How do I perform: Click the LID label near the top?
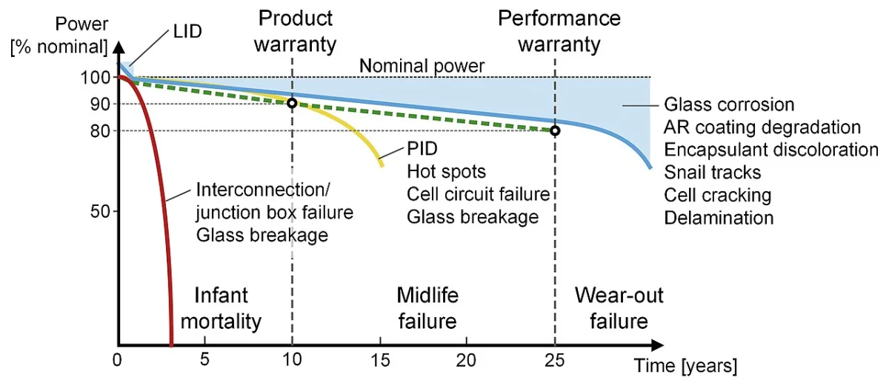click(x=187, y=31)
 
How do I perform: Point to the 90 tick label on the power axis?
click(x=100, y=104)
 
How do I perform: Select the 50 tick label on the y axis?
click(x=100, y=211)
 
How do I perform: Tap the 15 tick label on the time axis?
click(x=380, y=360)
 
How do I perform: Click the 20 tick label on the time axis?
click(x=466, y=360)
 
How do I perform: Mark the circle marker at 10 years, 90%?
click(x=292, y=104)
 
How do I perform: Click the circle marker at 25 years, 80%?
click(x=555, y=130)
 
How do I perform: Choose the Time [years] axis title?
click(x=685, y=365)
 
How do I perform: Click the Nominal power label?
click(x=422, y=66)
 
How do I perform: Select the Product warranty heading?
click(x=296, y=31)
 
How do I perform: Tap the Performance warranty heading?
click(x=559, y=31)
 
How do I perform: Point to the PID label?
click(x=422, y=149)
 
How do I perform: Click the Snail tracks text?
click(x=713, y=173)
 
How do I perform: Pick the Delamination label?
click(x=719, y=218)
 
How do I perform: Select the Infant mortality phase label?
click(x=221, y=308)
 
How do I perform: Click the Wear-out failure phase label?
click(x=619, y=308)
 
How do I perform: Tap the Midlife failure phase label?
click(x=427, y=308)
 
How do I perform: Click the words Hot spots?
click(x=446, y=172)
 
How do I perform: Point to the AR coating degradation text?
click(x=762, y=127)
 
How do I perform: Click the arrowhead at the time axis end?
click(x=657, y=345)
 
